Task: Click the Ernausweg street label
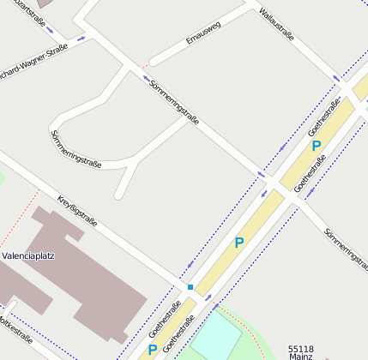click(203, 33)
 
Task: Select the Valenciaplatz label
click(27, 255)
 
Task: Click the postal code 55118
click(300, 349)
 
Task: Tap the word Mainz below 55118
click(300, 357)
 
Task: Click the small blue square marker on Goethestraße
click(190, 286)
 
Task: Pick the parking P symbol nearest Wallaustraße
click(316, 146)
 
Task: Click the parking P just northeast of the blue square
click(238, 243)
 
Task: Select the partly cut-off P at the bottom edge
click(152, 350)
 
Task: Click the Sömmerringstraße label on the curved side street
click(77, 148)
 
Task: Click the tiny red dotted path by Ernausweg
click(145, 64)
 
